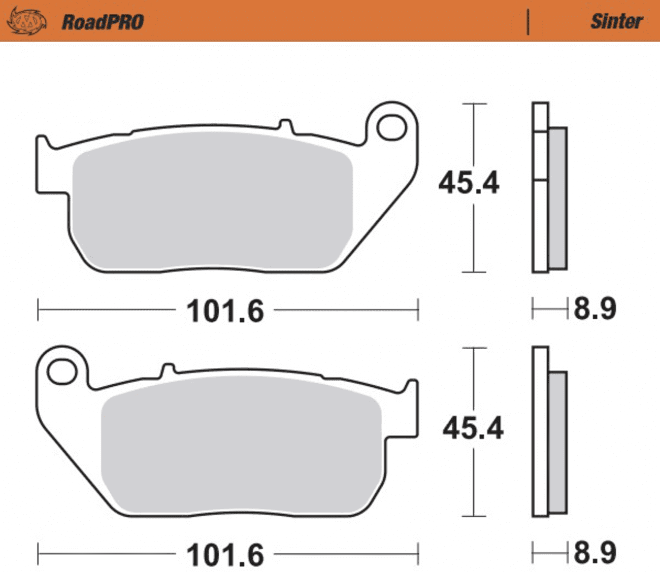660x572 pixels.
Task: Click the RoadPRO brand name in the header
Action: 103,22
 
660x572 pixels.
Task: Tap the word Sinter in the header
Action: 616,21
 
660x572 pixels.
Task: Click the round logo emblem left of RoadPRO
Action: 26,21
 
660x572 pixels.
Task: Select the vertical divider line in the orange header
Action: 528,21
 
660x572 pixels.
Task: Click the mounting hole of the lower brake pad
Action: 62,372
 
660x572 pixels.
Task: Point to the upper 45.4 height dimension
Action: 469,183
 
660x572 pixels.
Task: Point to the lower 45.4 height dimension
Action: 473,428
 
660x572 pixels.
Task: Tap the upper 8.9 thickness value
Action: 595,308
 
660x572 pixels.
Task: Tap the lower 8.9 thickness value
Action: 595,552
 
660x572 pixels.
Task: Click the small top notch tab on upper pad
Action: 286,125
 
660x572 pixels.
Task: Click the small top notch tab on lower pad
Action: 168,369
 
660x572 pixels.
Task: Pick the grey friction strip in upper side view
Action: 557,198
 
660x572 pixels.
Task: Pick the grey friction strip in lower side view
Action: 557,442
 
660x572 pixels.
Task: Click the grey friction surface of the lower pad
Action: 241,447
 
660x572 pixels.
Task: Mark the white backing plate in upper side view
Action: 540,223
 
